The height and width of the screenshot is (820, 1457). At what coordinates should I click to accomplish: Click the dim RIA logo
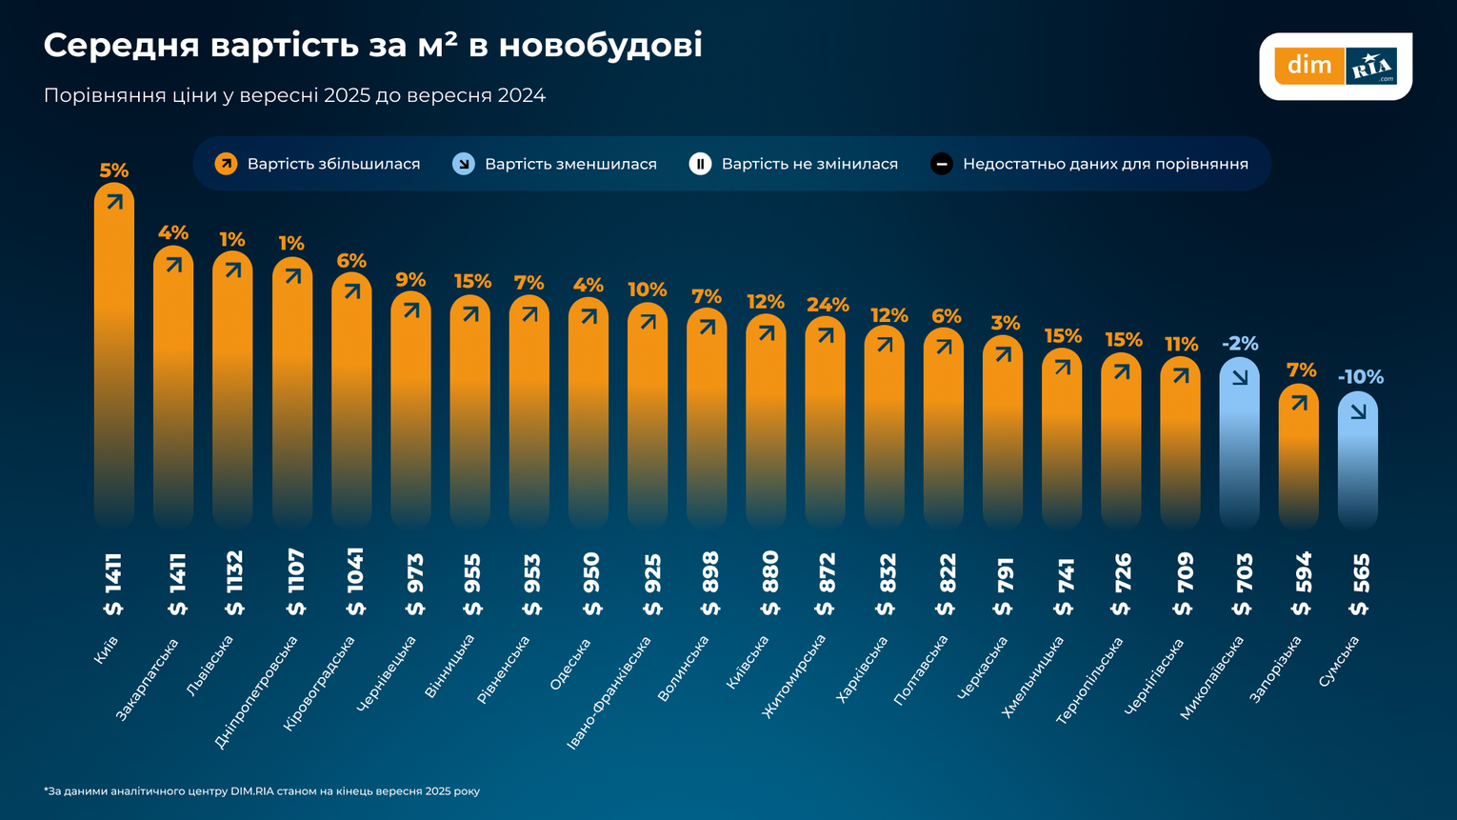point(1335,66)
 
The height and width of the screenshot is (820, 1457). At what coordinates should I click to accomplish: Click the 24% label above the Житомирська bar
point(827,305)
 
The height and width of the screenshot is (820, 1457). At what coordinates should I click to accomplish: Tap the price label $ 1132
point(234,583)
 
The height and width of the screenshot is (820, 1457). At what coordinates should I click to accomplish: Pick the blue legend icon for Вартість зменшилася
point(464,164)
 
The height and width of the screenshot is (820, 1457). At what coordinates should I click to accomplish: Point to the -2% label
point(1239,343)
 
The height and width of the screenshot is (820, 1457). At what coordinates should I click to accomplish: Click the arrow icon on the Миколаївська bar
point(1239,377)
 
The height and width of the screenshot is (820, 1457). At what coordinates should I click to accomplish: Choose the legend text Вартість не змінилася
point(809,164)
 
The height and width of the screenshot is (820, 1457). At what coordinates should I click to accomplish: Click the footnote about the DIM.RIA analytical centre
point(262,791)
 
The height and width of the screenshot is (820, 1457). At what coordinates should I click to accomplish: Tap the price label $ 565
point(1360,584)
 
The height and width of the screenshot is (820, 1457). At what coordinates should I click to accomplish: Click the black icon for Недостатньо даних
point(941,164)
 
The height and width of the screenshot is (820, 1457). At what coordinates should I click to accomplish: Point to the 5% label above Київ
point(113,170)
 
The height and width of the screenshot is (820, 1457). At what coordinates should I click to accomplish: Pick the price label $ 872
point(827,584)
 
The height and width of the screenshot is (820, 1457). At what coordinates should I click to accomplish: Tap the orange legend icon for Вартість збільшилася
point(226,164)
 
